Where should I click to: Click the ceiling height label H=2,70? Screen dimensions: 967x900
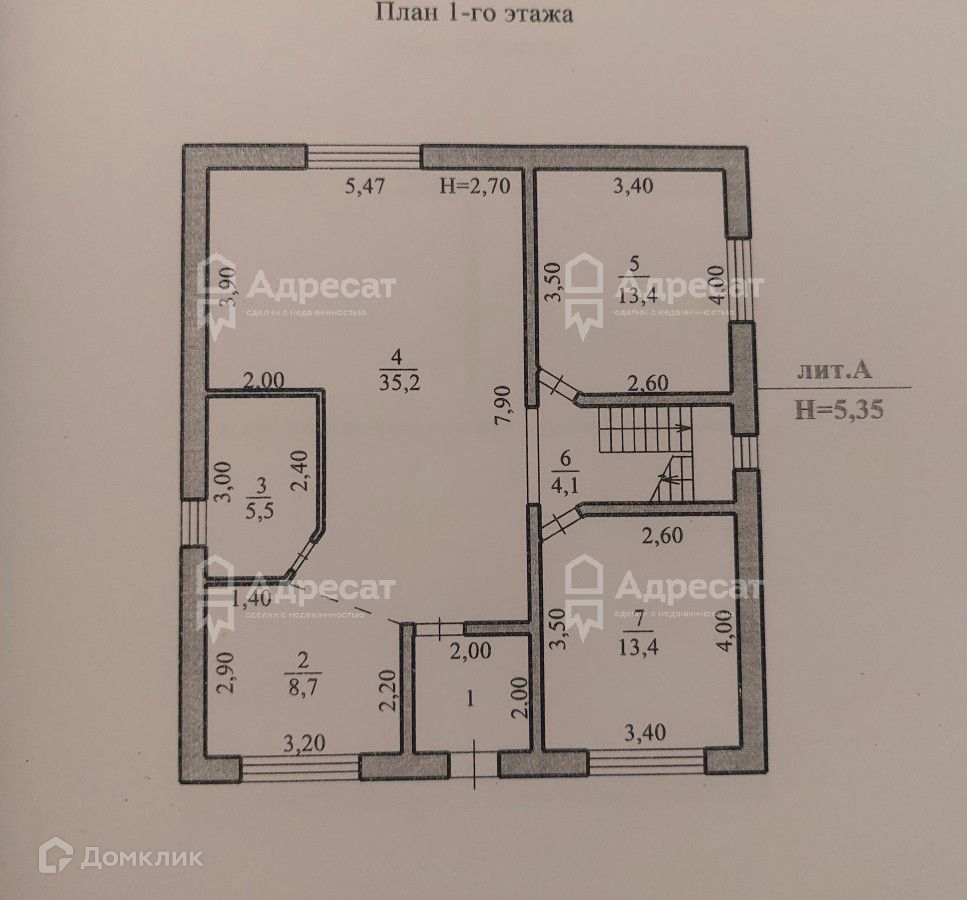[x=475, y=185]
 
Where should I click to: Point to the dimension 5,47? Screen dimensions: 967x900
[x=365, y=185]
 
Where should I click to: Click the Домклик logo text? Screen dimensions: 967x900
[x=143, y=857]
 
